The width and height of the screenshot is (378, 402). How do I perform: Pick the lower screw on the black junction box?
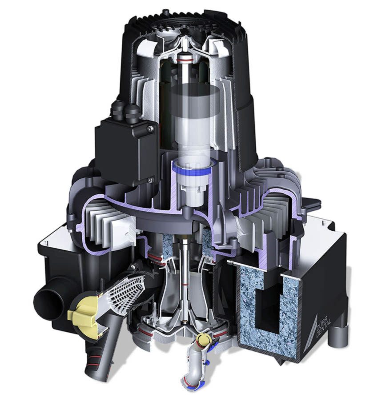pos(150,180)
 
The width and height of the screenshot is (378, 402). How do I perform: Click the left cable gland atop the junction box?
pos(118,109)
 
